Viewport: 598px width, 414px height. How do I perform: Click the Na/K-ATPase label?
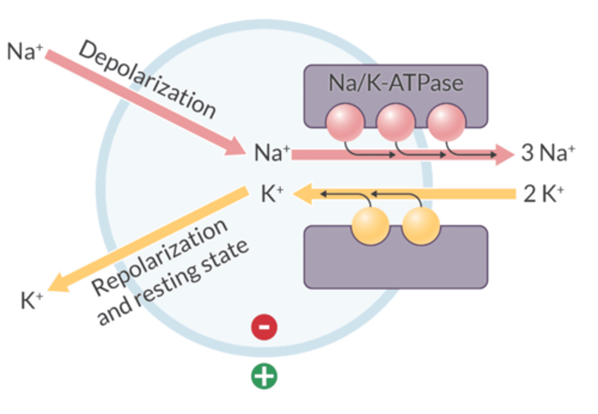click(x=395, y=83)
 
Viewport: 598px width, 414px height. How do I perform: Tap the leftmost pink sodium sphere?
click(x=345, y=123)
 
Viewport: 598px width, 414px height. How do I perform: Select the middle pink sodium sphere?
click(x=395, y=123)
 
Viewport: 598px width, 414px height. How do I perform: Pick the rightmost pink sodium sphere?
click(x=446, y=123)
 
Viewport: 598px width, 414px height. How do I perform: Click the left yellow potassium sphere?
click(x=370, y=226)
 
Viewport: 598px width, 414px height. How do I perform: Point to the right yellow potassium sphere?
click(x=421, y=226)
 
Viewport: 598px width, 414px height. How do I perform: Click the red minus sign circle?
click(x=264, y=327)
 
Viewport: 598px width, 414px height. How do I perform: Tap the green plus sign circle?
click(x=264, y=376)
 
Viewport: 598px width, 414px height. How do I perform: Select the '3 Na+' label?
click(x=548, y=153)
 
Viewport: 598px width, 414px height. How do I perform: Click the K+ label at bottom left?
click(x=32, y=300)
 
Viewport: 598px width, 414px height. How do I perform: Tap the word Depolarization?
click(x=147, y=79)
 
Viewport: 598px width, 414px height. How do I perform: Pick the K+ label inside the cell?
click(x=272, y=194)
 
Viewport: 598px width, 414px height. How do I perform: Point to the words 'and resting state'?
click(x=172, y=283)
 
